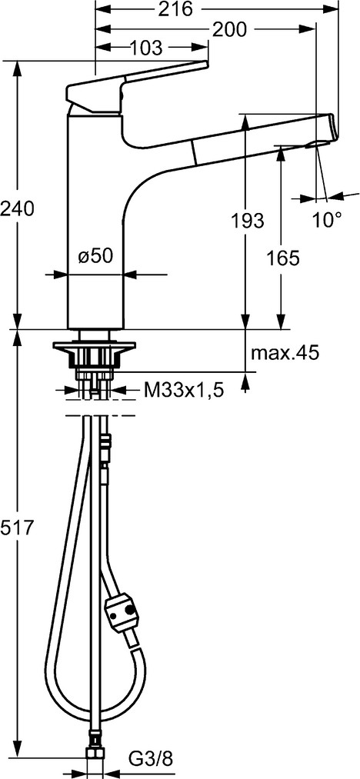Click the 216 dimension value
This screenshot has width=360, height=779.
[175, 8]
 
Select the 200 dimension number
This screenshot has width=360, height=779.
[229, 30]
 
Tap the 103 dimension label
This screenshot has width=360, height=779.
[146, 48]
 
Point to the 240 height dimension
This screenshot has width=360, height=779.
[18, 208]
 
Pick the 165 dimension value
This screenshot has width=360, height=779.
[283, 258]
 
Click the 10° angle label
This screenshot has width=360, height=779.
[328, 219]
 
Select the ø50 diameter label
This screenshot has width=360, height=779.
[96, 256]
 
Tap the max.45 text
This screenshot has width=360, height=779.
[285, 353]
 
